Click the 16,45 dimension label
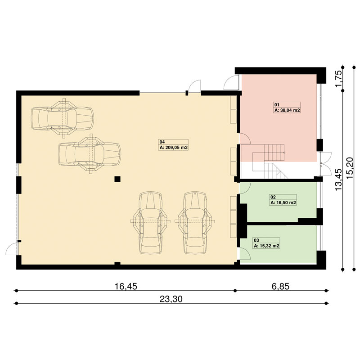(x=126, y=286)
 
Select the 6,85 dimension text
(x=280, y=286)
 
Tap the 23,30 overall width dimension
(x=171, y=299)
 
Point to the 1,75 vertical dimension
(x=339, y=78)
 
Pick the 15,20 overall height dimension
(x=350, y=168)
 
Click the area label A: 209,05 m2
(x=174, y=148)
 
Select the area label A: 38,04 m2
(x=287, y=110)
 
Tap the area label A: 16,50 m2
(x=283, y=203)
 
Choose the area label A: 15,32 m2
(x=267, y=246)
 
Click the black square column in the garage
(x=117, y=179)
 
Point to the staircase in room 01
(x=270, y=161)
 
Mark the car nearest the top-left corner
(x=62, y=118)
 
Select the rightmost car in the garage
(x=195, y=223)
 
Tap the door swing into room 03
(x=245, y=254)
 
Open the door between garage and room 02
(x=245, y=187)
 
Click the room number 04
(x=162, y=142)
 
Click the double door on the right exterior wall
(x=326, y=163)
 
